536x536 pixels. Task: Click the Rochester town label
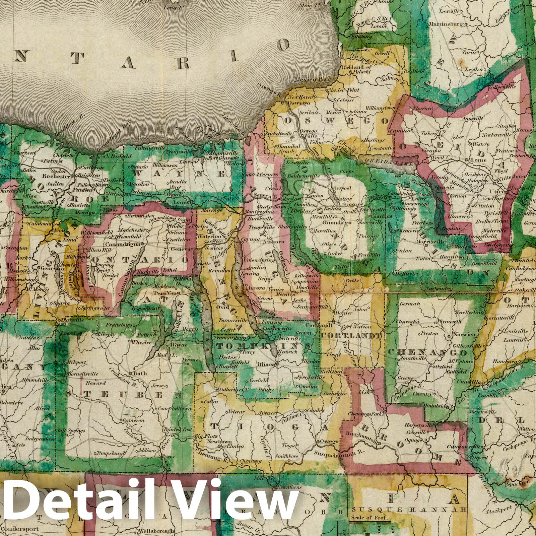pyautogui.click(x=56, y=176)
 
